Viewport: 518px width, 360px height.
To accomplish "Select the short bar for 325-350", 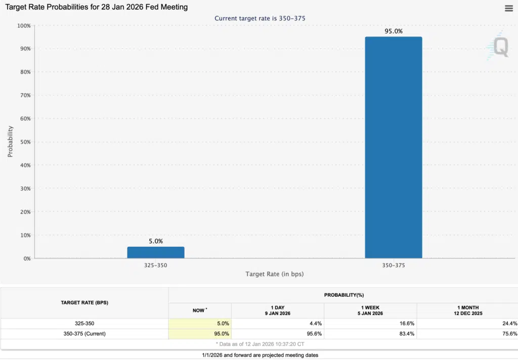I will pyautogui.click(x=156, y=252).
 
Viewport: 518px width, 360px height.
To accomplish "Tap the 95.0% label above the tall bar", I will pyautogui.click(x=393, y=31).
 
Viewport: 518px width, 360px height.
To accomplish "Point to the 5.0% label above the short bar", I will pyautogui.click(x=156, y=241).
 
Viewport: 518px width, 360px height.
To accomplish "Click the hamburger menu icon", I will pyautogui.click(x=508, y=8).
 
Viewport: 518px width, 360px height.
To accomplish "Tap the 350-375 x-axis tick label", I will pyautogui.click(x=393, y=264).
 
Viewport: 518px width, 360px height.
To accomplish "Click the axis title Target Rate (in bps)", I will pyautogui.click(x=275, y=274).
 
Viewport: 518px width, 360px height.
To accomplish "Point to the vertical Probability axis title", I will pyautogui.click(x=10, y=142).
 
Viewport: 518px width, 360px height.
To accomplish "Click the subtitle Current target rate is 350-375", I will pyautogui.click(x=260, y=18).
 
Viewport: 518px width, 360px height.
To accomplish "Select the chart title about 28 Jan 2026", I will pyautogui.click(x=96, y=7).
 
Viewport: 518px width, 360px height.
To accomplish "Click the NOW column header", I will pyautogui.click(x=199, y=310).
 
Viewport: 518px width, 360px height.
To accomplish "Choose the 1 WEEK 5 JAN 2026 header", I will pyautogui.click(x=370, y=310).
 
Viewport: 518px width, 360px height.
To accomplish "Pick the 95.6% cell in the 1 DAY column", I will pyautogui.click(x=314, y=334).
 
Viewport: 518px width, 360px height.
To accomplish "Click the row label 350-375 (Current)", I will pyautogui.click(x=84, y=334).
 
